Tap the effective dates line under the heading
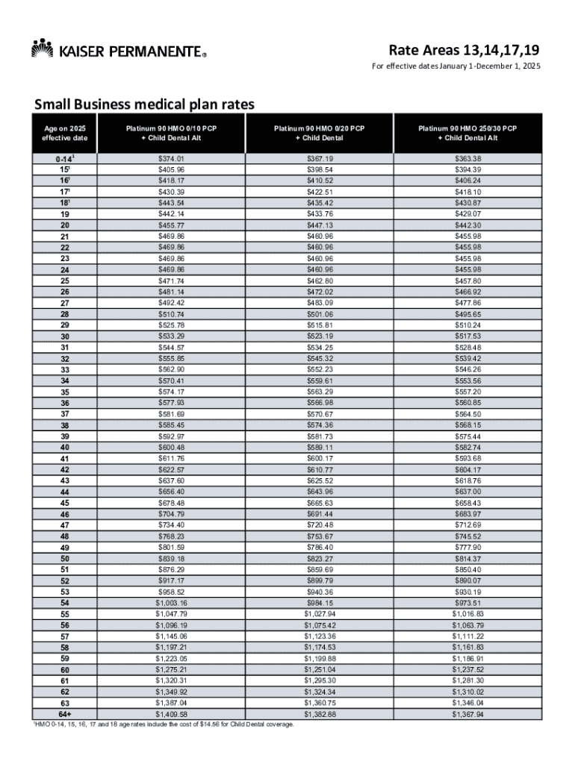(456, 68)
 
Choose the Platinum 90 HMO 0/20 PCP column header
(320, 134)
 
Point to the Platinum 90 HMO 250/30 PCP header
(467, 134)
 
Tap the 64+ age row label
(64, 715)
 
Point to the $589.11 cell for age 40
(320, 447)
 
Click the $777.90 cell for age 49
(467, 547)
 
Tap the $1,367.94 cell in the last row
(467, 715)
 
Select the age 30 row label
(64, 336)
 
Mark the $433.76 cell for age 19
(320, 213)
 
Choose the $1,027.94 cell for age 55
(320, 614)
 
